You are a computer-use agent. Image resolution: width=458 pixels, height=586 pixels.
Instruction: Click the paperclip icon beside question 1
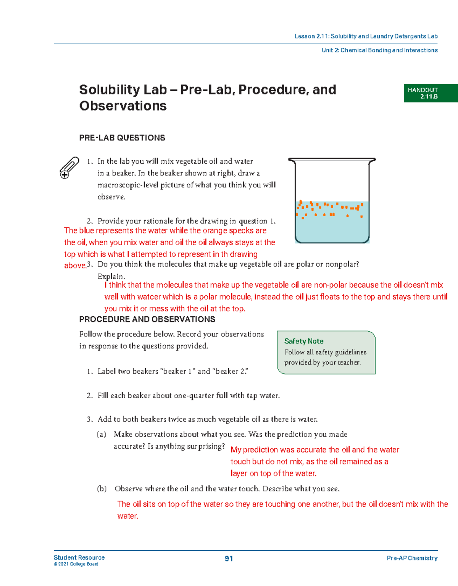click(69, 167)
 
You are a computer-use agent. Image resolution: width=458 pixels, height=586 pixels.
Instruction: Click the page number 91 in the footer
click(229, 559)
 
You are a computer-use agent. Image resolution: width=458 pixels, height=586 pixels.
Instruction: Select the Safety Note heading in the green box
click(304, 341)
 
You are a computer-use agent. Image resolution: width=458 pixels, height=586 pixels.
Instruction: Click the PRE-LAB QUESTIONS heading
click(122, 138)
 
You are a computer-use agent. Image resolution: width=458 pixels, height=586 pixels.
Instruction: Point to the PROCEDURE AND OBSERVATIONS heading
click(147, 319)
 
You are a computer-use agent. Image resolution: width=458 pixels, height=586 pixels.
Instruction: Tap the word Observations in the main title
click(123, 106)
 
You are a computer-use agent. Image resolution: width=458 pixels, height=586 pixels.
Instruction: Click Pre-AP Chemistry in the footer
click(412, 558)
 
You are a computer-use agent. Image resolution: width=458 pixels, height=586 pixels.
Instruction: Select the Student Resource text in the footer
click(79, 557)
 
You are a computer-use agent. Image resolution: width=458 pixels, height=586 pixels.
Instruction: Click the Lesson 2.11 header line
click(366, 36)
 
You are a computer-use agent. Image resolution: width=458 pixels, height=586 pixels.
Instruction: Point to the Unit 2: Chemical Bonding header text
click(379, 50)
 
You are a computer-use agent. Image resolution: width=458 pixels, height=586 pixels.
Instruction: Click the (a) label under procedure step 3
click(101, 434)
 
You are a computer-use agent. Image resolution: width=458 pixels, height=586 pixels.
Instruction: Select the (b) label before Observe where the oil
click(102, 489)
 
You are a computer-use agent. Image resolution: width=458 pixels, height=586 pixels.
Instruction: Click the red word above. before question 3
click(75, 266)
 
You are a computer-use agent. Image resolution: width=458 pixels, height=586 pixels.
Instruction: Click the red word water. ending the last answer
click(127, 516)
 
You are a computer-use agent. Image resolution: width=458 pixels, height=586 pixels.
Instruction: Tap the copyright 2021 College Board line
click(76, 564)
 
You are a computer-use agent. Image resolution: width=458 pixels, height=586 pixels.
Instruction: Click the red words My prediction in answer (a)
click(254, 450)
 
